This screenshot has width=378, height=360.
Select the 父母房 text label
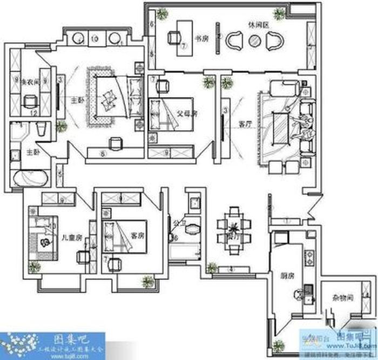[x=186, y=114]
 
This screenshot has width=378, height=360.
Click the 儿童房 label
[x=71, y=237]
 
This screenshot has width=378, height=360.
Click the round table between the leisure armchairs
[x=255, y=40]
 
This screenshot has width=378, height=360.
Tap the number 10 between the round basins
[x=94, y=39]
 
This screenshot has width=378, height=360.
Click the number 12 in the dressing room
[x=33, y=113]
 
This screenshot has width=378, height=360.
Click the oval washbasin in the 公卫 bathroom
[x=192, y=229]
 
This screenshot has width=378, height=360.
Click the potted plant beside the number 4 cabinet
[x=212, y=267]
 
